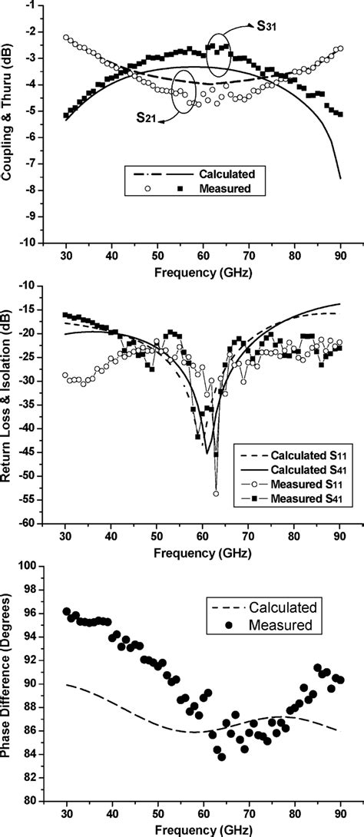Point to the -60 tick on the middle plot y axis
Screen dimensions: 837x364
click(x=31, y=524)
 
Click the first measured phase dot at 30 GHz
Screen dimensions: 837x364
click(x=66, y=611)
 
